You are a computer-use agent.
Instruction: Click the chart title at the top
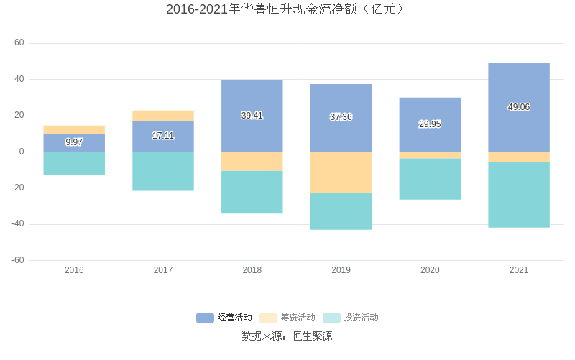coord(287,9)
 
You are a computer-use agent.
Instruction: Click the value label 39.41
coord(252,116)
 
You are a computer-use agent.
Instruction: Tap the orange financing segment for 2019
coord(341,172)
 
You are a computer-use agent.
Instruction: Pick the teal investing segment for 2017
coord(162,171)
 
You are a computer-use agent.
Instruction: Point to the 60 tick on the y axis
coord(19,43)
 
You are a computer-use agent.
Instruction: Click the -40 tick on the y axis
coord(18,224)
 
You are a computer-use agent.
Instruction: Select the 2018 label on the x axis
coord(252,270)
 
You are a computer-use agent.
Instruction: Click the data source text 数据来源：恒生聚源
coord(287,336)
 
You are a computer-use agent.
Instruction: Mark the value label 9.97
coord(74,142)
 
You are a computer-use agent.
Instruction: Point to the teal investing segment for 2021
coord(518,195)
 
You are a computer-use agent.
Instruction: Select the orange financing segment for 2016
coord(74,129)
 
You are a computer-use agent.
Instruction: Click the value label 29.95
coord(430,124)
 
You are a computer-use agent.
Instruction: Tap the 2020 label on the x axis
coord(430,270)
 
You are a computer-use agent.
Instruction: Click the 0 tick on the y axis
coord(22,152)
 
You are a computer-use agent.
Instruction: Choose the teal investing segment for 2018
coord(252,192)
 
